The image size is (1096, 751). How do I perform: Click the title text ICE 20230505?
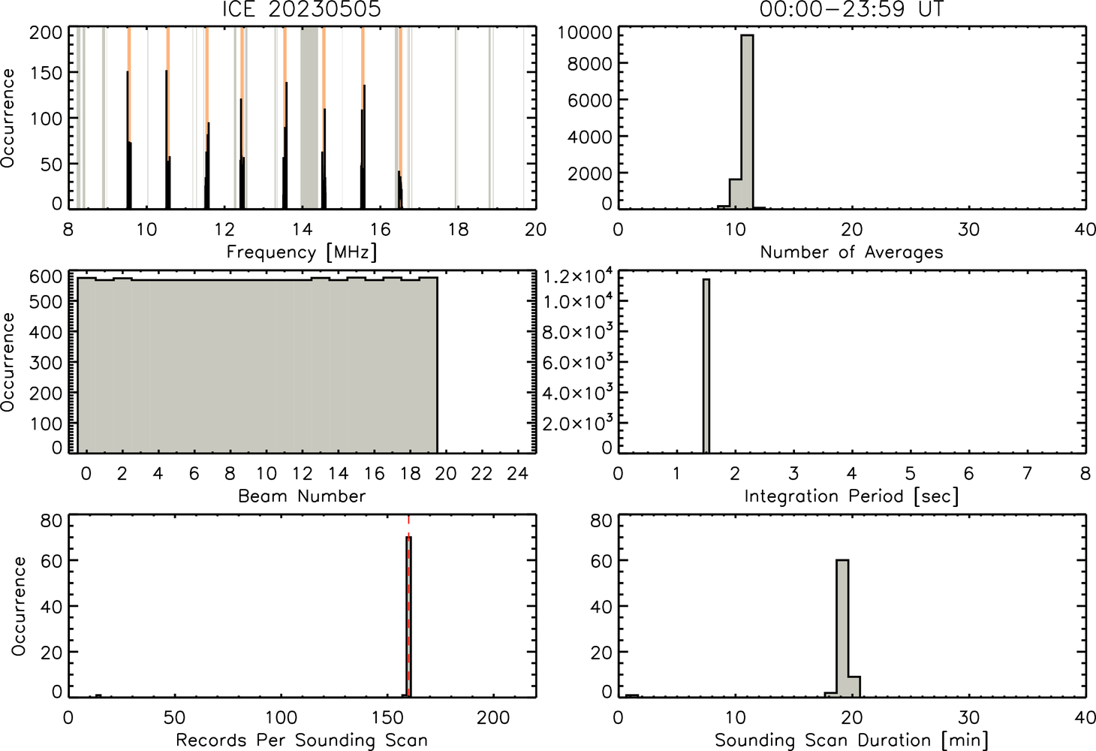point(302,9)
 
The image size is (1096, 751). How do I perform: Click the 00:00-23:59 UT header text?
point(852,9)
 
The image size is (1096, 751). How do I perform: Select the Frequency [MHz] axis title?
point(302,252)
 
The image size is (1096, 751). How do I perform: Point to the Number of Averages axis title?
point(852,252)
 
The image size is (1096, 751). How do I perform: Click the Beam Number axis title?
point(302,496)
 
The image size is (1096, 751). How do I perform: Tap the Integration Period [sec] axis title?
point(852,496)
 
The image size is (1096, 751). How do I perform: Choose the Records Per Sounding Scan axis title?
point(302,740)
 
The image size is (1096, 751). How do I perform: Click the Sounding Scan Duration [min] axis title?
point(852,740)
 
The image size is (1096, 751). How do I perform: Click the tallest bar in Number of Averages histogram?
point(747,122)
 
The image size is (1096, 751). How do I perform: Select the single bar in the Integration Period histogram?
point(706,366)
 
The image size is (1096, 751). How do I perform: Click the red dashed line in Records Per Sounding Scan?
point(408,606)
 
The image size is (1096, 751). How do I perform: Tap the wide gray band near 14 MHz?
point(309,117)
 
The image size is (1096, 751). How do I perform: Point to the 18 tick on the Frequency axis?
point(459,229)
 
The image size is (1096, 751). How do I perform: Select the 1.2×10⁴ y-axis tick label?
point(578,276)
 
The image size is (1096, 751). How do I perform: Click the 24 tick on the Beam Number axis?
point(518,473)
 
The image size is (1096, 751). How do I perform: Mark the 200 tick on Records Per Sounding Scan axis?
point(493,718)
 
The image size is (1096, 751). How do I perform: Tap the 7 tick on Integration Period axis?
point(1027,473)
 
